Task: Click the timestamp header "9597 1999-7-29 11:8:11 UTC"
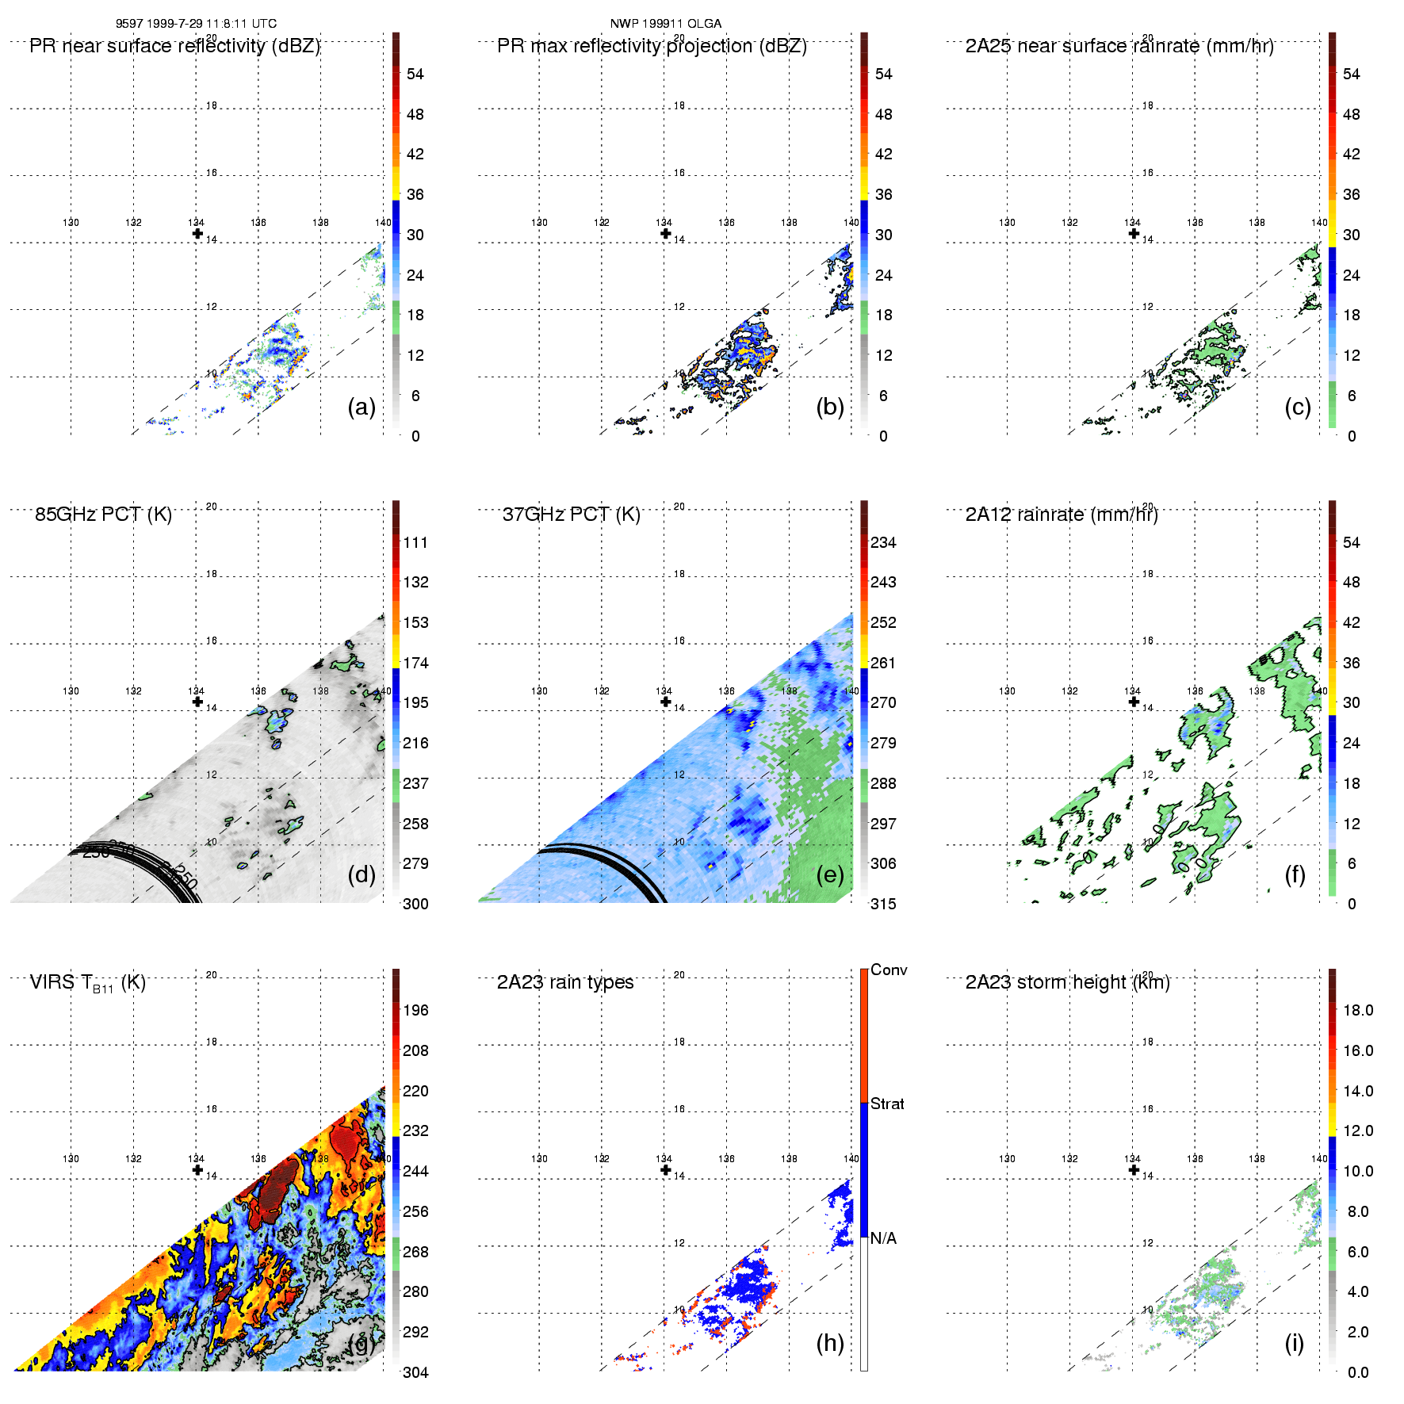click(196, 24)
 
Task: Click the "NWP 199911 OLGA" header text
click(665, 24)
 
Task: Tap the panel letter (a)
click(362, 407)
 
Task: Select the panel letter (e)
click(830, 874)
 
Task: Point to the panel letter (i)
click(1294, 1343)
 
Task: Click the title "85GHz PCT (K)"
click(103, 515)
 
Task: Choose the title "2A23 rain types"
click(565, 982)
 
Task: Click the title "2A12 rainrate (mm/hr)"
click(1062, 515)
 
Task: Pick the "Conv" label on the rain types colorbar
click(889, 970)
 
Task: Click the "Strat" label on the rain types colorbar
click(887, 1104)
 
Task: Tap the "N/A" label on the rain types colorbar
click(882, 1238)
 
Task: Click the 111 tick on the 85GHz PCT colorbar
click(415, 542)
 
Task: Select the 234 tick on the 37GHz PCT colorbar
click(883, 542)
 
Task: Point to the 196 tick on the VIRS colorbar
click(415, 1010)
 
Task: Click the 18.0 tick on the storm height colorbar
click(1358, 1010)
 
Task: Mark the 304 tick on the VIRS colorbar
click(415, 1372)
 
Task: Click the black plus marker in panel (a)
click(197, 233)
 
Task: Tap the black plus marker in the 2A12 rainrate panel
click(1134, 702)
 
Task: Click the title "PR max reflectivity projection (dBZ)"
click(652, 46)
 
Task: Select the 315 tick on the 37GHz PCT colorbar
click(883, 904)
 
